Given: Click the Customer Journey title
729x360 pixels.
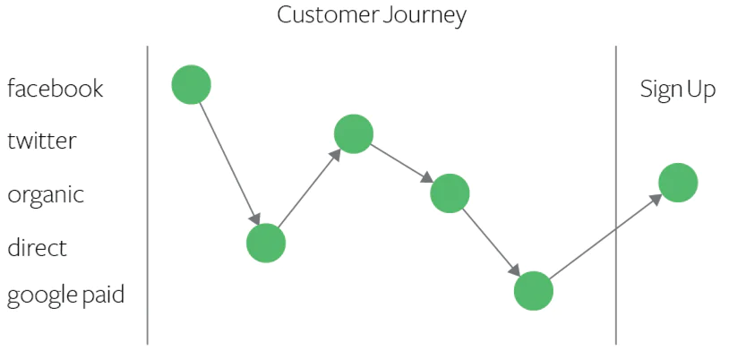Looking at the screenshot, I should click(371, 15).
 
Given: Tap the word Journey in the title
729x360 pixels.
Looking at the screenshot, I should click(425, 15).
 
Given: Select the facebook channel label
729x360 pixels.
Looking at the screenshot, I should click(56, 89).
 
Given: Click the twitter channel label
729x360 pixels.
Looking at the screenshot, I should click(42, 141).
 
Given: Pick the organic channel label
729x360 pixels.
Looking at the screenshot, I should click(46, 195).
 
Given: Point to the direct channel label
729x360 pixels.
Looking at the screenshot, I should click(38, 247).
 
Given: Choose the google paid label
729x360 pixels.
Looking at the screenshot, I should click(65, 296).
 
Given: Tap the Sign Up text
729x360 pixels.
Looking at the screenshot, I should click(677, 90).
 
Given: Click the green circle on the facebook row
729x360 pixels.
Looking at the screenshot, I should click(191, 85).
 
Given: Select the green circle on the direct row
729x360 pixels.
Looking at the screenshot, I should click(266, 243).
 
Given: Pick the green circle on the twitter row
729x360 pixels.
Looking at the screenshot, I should click(354, 133).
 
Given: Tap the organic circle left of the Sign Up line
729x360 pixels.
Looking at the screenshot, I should click(450, 193).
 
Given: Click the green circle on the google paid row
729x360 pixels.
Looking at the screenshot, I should click(534, 291).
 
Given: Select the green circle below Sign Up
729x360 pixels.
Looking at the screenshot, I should click(678, 183).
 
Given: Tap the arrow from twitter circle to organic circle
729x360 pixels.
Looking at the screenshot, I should click(401, 163).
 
